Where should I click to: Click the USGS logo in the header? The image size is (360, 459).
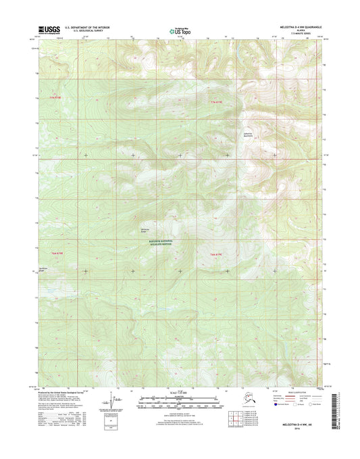pyautogui.click(x=50, y=30)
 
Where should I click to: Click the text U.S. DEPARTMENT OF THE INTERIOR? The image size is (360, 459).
pyautogui.click(x=87, y=27)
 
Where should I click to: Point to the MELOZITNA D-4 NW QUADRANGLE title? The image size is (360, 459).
pyautogui.click(x=297, y=27)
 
